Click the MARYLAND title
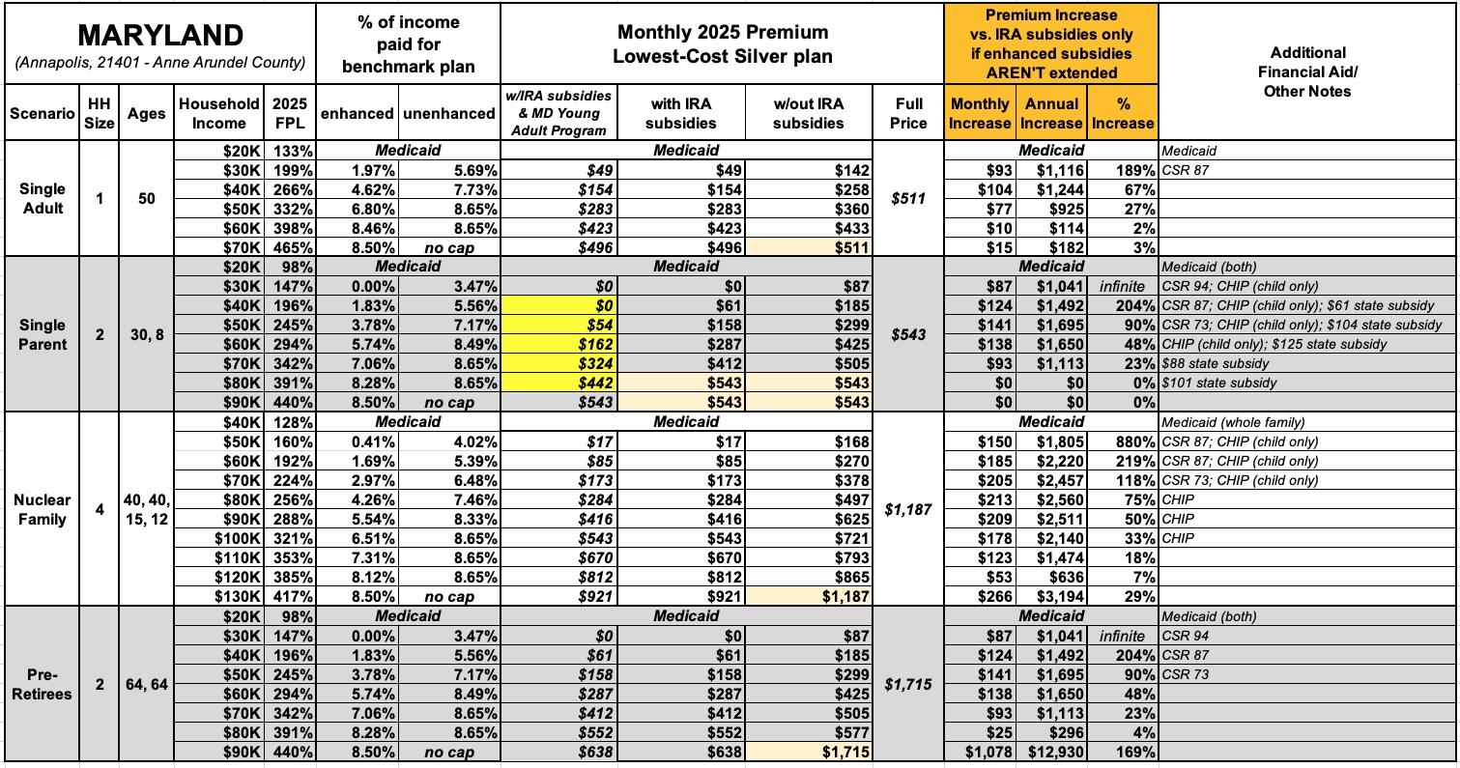(x=160, y=35)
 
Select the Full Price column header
(x=908, y=113)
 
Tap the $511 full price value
(x=908, y=199)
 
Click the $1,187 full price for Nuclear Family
(x=908, y=509)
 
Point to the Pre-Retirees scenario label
(x=42, y=684)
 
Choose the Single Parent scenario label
(x=42, y=334)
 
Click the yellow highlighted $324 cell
(x=595, y=363)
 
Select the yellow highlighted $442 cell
(x=595, y=383)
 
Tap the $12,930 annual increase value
(x=1056, y=752)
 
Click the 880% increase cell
(x=1134, y=441)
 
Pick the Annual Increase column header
(x=1050, y=113)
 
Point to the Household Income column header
(x=218, y=113)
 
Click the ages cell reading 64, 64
(x=146, y=684)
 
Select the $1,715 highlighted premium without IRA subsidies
(x=845, y=752)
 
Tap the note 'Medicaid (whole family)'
(x=1233, y=422)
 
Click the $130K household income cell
(x=238, y=597)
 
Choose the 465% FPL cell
(x=293, y=247)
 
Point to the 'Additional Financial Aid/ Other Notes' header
(x=1306, y=71)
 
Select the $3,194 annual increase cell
(x=1060, y=597)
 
